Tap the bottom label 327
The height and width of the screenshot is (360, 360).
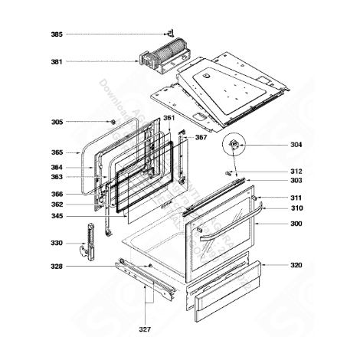click(145, 329)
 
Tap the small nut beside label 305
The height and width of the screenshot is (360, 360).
click(113, 122)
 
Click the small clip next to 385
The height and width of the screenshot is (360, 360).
click(164, 33)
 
